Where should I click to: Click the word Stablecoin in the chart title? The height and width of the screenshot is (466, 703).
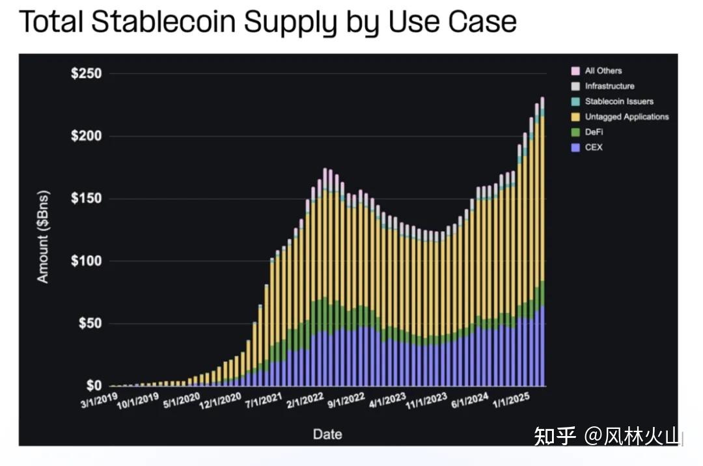pyautogui.click(x=164, y=21)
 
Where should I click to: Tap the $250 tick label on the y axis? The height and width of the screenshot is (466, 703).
pyautogui.click(x=86, y=73)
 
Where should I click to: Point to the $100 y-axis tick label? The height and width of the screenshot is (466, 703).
pyautogui.click(x=86, y=260)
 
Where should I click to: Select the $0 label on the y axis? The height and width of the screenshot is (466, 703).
pyautogui.click(x=94, y=385)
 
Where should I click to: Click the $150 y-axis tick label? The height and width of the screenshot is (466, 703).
pyautogui.click(x=86, y=198)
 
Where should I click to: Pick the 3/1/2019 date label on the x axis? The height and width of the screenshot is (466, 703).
pyautogui.click(x=99, y=400)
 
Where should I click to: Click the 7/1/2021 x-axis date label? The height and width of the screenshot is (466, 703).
pyautogui.click(x=264, y=400)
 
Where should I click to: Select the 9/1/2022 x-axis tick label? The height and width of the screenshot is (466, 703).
pyautogui.click(x=346, y=400)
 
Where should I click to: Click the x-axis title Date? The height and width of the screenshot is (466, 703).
pyautogui.click(x=327, y=433)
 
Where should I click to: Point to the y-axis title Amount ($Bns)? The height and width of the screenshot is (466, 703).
pyautogui.click(x=43, y=237)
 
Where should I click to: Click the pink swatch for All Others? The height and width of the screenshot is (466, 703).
pyautogui.click(x=575, y=71)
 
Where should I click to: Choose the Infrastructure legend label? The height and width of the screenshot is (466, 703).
pyautogui.click(x=609, y=86)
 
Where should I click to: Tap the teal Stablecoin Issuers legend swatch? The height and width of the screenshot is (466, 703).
pyautogui.click(x=575, y=102)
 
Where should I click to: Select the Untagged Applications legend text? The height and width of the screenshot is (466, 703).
pyautogui.click(x=626, y=117)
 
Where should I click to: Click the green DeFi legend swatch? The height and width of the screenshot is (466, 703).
pyautogui.click(x=575, y=132)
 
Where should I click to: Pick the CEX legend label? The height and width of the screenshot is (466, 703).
pyautogui.click(x=594, y=148)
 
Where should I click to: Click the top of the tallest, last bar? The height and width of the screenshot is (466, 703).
pyautogui.click(x=542, y=97)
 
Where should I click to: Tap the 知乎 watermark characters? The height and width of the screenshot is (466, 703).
pyautogui.click(x=555, y=435)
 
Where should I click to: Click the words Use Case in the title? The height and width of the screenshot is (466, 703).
pyautogui.click(x=452, y=21)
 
